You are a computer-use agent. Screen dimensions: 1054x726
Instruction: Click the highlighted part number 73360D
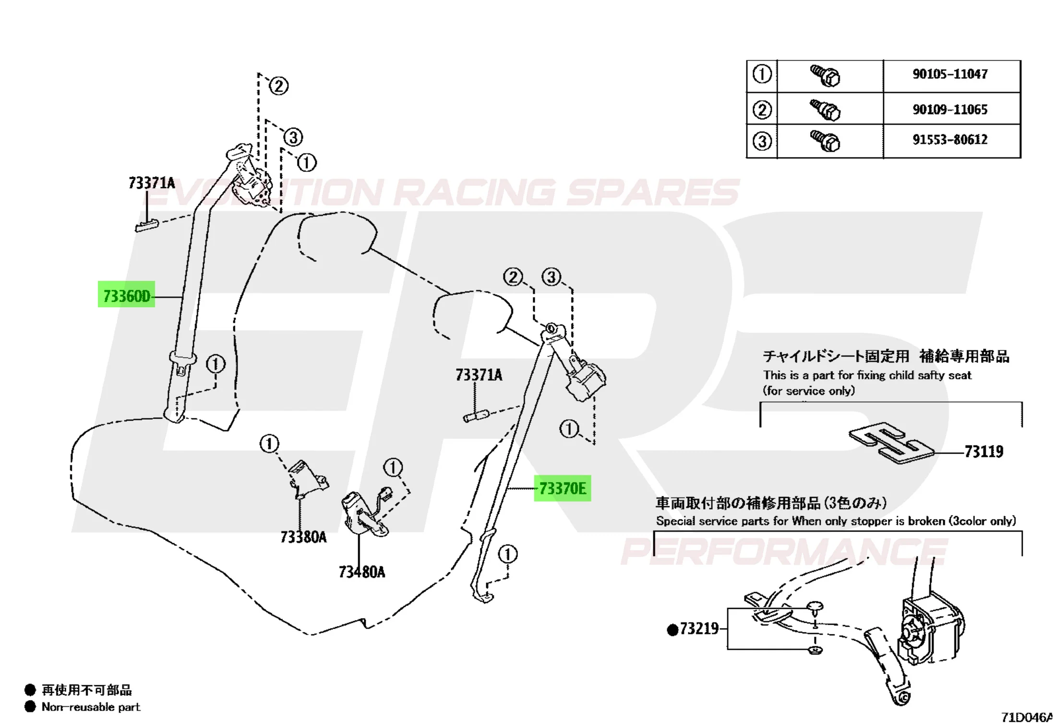(127, 296)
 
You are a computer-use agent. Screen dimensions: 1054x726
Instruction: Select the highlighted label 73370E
(563, 489)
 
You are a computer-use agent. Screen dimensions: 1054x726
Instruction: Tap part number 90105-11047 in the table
(950, 74)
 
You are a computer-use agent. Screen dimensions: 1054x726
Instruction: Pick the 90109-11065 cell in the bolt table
(950, 109)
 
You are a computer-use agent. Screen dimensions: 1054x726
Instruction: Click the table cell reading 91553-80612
(950, 140)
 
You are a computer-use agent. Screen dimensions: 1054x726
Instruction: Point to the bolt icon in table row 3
(826, 141)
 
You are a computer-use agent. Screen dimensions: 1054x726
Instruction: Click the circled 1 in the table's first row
(762, 74)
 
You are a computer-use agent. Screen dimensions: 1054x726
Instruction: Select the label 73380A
(303, 537)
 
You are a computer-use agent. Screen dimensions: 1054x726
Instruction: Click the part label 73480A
(362, 572)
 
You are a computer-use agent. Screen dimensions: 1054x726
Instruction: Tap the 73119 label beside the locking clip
(984, 451)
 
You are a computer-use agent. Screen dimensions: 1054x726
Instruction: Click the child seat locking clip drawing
(891, 443)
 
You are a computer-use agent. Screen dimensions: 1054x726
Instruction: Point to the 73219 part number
(699, 629)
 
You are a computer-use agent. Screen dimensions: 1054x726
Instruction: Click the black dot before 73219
(672, 629)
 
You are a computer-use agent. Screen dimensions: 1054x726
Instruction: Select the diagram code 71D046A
(1027, 717)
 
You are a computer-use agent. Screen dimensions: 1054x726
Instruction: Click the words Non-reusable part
(91, 707)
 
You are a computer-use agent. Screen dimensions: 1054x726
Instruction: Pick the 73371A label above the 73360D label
(152, 183)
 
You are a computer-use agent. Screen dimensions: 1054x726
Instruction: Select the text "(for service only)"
(809, 391)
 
